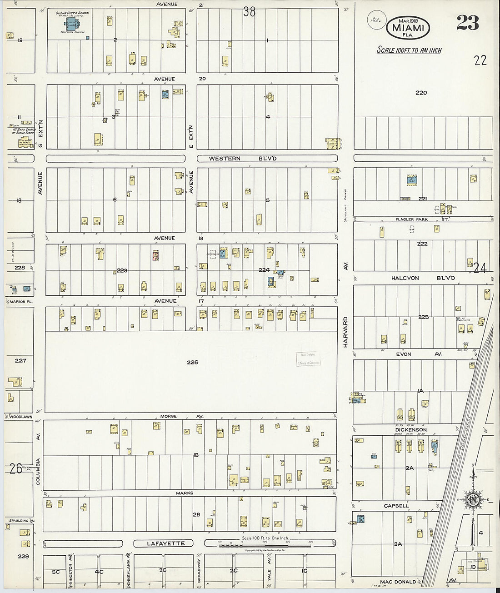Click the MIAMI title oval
tap(408, 28)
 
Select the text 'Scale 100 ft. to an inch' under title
tap(409, 50)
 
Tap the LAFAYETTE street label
tap(165, 543)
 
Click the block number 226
tap(192, 362)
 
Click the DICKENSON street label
tap(410, 430)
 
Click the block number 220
tap(421, 93)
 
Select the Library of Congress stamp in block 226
tap(308, 359)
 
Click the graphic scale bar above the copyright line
tap(265, 544)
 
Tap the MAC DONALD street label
tap(398, 582)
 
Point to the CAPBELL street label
tap(396, 506)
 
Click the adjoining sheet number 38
tap(249, 11)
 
